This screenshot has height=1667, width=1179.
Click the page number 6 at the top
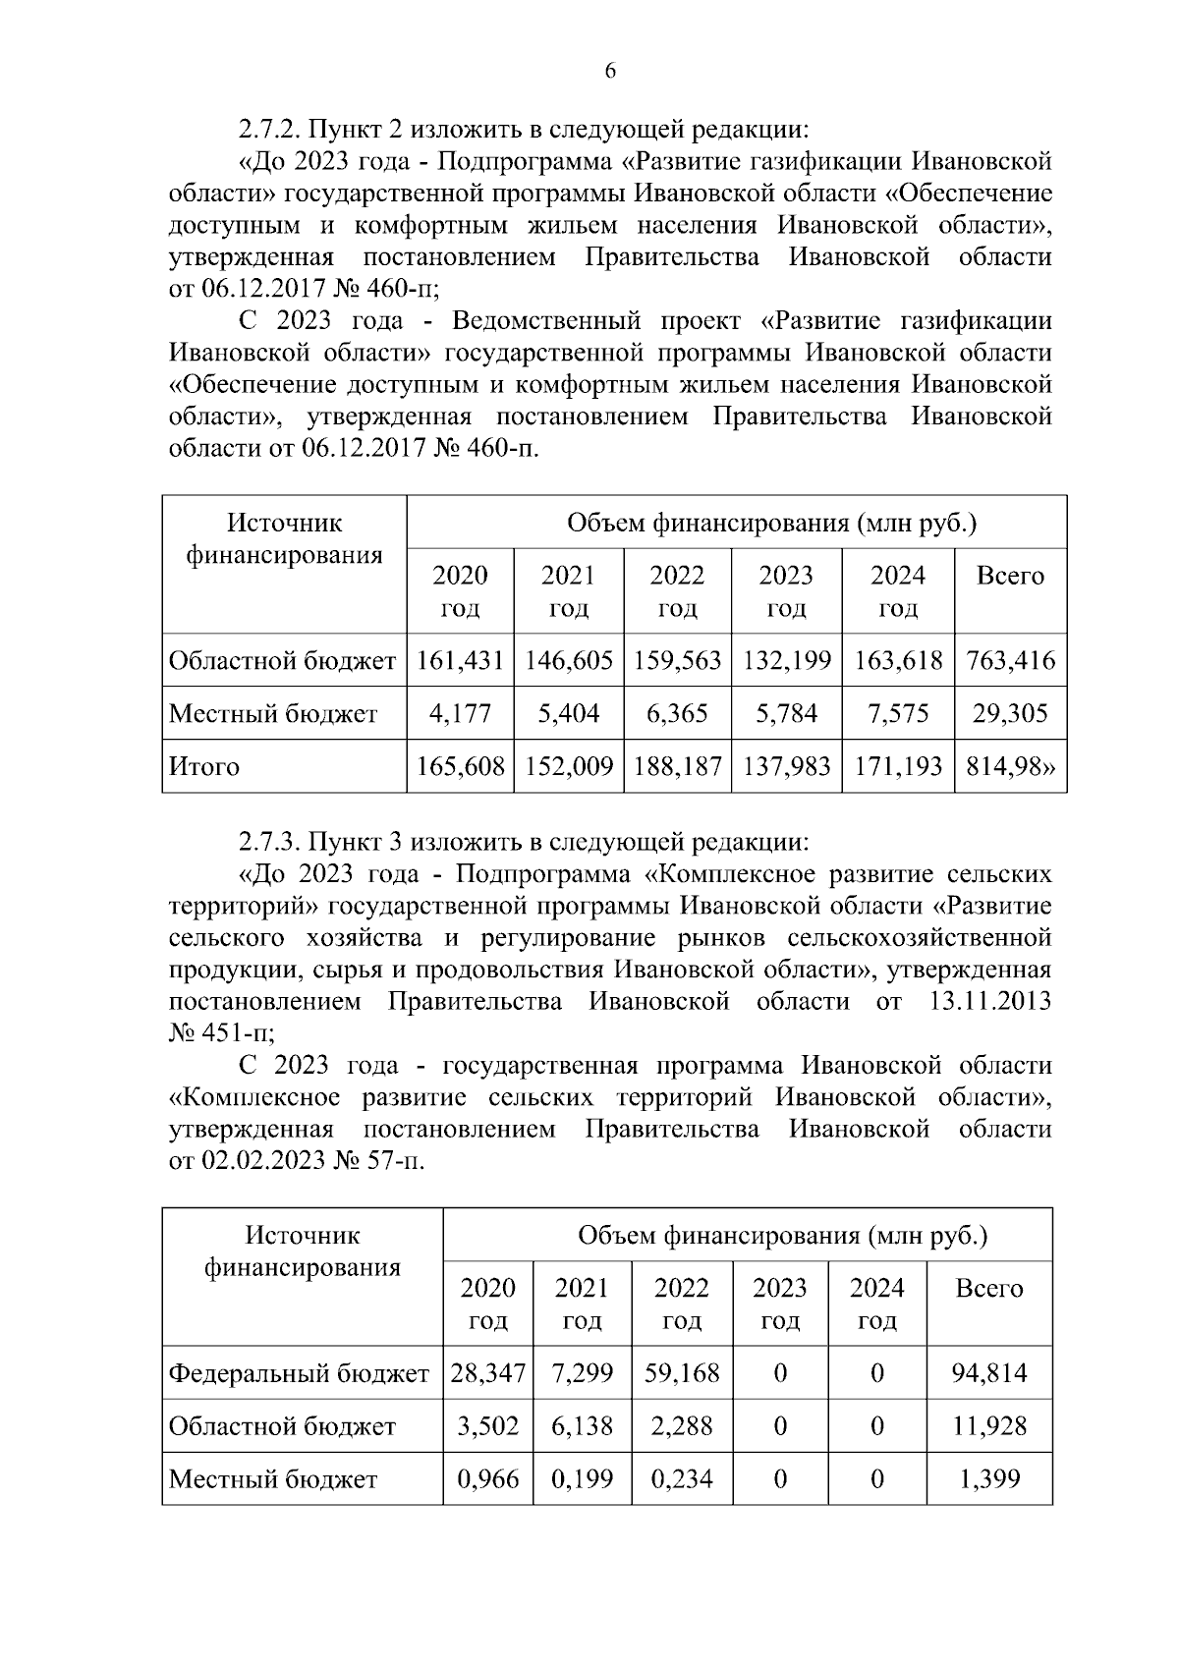click(x=610, y=71)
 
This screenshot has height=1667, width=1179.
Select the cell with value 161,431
click(x=460, y=660)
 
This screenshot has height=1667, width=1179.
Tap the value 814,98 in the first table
click(x=1010, y=766)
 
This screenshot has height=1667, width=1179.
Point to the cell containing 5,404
click(x=568, y=713)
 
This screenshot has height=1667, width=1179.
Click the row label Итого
click(x=204, y=766)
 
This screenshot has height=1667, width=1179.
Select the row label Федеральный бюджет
click(x=299, y=1373)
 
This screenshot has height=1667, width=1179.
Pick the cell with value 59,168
click(x=682, y=1373)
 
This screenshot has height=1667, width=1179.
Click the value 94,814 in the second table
click(x=989, y=1373)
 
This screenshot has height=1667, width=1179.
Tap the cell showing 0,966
click(x=488, y=1479)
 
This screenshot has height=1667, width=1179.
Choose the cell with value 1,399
click(x=989, y=1479)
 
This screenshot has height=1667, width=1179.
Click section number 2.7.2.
click(x=267, y=129)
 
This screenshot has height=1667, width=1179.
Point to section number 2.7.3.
click(x=267, y=842)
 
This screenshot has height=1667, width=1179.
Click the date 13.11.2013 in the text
click(x=988, y=1002)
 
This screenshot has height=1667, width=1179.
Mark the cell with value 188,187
click(x=677, y=766)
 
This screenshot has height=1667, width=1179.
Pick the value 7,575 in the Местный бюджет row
click(x=898, y=713)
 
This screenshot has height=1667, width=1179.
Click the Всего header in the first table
click(x=1010, y=576)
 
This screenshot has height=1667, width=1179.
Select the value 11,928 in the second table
click(x=989, y=1426)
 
